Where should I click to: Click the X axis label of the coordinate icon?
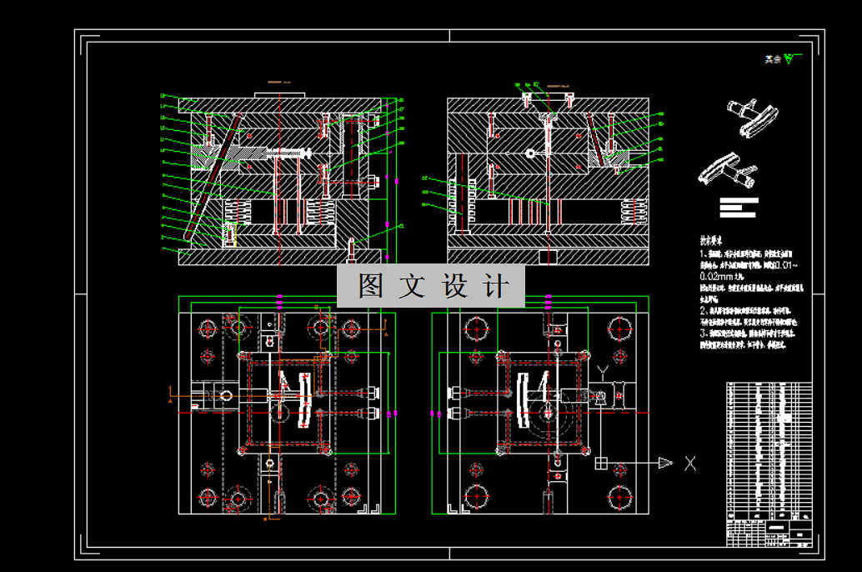tap(689, 464)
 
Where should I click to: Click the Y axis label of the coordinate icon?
tap(604, 369)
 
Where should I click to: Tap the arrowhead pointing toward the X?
tap(664, 463)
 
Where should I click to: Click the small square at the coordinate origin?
tap(601, 463)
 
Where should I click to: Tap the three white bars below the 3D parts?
tap(739, 207)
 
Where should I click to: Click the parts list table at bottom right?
tap(769, 464)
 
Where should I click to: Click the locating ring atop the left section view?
tap(278, 93)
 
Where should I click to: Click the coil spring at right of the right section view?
tap(634, 212)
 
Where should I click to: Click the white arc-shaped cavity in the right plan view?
tap(523, 401)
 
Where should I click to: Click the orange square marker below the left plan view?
tap(264, 519)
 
